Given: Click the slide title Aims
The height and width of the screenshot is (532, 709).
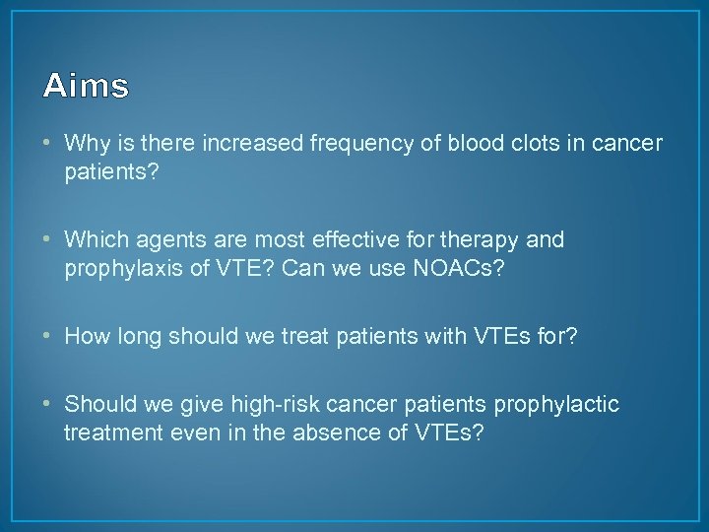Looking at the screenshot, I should pos(86,87).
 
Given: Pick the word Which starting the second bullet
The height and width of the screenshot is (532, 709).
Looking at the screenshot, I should pos(95,240).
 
